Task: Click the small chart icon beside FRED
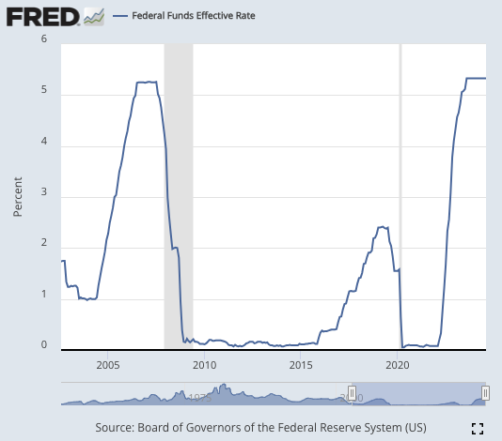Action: click(94, 17)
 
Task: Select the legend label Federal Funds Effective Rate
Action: click(193, 17)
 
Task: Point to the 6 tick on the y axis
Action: click(44, 40)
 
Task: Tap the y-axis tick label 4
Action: click(44, 145)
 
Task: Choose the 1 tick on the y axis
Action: click(44, 295)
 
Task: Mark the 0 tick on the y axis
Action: click(44, 345)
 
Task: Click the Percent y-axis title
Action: click(18, 194)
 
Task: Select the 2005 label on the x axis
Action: click(107, 364)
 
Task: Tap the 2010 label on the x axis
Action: click(204, 364)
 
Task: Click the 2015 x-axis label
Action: click(301, 364)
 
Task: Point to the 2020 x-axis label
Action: click(398, 364)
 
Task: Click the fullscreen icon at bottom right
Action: click(477, 428)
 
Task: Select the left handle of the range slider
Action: click(352, 392)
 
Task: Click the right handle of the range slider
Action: click(485, 392)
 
